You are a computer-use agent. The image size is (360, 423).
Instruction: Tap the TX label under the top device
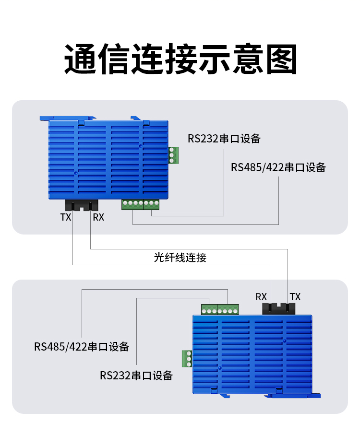[x=66, y=217]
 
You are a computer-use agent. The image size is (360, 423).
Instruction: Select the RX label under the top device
[x=98, y=217]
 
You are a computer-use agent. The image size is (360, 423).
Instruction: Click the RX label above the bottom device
[x=261, y=297]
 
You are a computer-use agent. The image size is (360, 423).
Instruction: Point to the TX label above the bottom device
[x=295, y=297]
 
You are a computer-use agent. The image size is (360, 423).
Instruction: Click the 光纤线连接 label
[x=180, y=258]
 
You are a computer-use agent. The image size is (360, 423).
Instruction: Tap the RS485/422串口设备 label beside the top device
[x=278, y=167]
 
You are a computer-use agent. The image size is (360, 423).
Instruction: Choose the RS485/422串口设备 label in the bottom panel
[x=82, y=346]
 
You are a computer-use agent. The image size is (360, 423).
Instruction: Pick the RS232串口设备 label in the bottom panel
[x=136, y=375]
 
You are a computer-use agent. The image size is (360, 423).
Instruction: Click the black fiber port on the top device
[x=82, y=205]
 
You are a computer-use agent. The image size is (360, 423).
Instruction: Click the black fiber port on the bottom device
[x=278, y=308]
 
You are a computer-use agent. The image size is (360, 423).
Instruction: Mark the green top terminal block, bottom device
[x=220, y=309]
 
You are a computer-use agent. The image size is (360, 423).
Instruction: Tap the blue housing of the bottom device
[x=252, y=355]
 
